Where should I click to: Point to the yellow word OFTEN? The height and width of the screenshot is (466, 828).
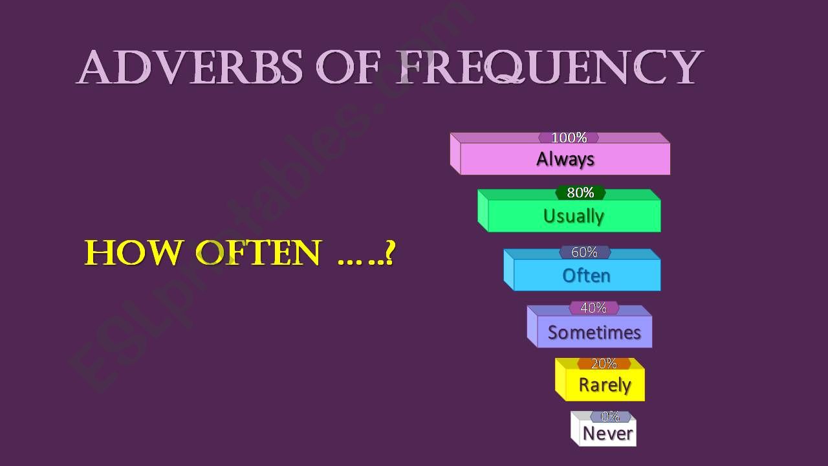(x=258, y=252)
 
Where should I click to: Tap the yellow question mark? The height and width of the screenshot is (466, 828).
(x=390, y=252)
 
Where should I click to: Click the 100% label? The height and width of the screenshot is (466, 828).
(x=569, y=138)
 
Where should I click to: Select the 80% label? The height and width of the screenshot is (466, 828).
(x=580, y=193)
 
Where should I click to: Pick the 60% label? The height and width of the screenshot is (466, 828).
(x=584, y=252)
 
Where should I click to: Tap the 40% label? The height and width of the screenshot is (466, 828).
(x=594, y=307)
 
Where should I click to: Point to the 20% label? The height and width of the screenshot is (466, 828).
(x=604, y=364)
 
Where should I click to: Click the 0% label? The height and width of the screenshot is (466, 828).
(x=610, y=417)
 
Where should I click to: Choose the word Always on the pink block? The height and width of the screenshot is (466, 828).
(x=565, y=160)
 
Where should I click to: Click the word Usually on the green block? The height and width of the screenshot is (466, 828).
(x=573, y=216)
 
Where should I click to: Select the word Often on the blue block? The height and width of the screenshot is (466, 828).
(x=586, y=276)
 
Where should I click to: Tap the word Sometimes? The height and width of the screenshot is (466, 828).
(x=594, y=332)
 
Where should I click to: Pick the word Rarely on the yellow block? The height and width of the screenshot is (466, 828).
(x=605, y=385)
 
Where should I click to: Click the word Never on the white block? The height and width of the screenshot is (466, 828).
(x=607, y=434)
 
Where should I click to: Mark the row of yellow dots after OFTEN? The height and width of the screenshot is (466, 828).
(x=360, y=262)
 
